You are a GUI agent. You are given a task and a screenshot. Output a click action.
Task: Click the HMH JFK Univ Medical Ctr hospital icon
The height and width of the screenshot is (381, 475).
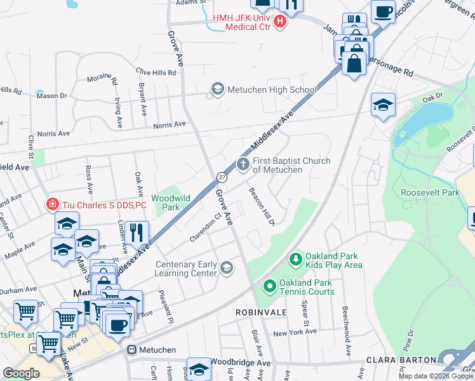pos(280,22)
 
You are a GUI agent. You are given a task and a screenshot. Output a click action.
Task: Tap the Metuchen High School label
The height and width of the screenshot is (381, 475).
pos(272,90)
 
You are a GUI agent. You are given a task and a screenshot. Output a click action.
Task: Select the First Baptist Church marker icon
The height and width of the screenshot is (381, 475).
pos(243,164)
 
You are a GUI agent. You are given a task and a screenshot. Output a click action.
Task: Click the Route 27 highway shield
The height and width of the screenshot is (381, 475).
pos(221,177)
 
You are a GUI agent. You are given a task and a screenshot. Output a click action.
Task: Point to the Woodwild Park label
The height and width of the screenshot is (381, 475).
pos(171,203)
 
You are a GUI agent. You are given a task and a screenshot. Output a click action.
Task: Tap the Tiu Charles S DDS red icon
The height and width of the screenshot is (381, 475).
pos(53,204)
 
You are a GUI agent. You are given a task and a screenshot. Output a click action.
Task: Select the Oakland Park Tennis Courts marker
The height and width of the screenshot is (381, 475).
pos(269,287)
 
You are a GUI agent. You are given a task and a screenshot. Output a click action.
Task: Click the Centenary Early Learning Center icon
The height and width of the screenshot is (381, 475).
pos(226,268)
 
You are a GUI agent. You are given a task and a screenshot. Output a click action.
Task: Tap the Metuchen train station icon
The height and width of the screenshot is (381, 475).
pos(132,350)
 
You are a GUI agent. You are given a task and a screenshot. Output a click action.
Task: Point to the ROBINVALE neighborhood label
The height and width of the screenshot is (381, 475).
pos(261,313)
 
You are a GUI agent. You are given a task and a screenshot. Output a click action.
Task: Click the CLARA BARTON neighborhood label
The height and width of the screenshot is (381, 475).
pos(401,359)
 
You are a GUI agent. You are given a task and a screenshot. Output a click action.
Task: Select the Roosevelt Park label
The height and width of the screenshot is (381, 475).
pos(429,192)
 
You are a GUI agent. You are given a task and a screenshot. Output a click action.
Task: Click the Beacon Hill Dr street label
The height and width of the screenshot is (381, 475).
pos(261,206)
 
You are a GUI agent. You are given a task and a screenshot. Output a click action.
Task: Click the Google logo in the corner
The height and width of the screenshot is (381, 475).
pos(21,373)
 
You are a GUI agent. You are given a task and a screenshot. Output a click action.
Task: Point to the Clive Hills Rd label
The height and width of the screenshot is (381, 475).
pos(155,72)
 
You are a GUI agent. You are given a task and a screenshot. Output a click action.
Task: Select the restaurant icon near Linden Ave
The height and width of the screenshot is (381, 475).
pos(137,232)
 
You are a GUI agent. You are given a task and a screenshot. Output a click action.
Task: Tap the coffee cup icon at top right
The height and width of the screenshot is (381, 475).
pos(384,11)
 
